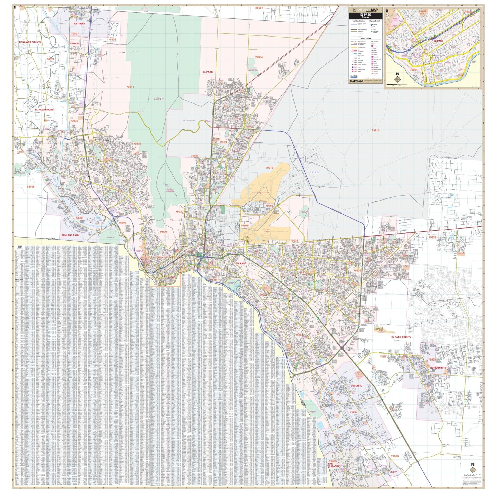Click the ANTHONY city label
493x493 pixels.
click(79, 24)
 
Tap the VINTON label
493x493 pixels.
click(74, 44)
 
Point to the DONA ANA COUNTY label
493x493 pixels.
click(30, 42)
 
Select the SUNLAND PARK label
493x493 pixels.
click(70, 235)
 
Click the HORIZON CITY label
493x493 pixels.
click(438, 368)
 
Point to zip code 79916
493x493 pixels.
click(375, 130)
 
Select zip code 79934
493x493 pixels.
click(259, 57)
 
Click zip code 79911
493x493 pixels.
click(130, 87)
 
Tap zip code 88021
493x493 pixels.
click(51, 59)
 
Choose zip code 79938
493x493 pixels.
click(432, 238)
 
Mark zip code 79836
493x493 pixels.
click(395, 456)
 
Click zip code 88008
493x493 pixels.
click(30, 187)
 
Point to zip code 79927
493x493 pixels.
click(354, 419)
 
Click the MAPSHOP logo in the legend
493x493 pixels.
click(356, 81)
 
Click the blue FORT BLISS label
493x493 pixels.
click(314, 172)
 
